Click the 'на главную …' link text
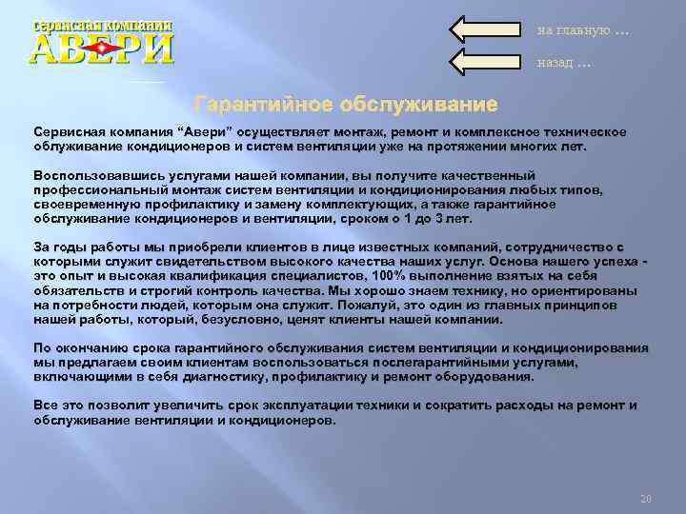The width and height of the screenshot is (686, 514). tap(582, 30)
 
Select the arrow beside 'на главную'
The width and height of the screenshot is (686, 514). tap(486, 29)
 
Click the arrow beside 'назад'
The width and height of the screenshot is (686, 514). tap(486, 62)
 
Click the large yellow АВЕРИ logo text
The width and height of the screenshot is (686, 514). tap(102, 48)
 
